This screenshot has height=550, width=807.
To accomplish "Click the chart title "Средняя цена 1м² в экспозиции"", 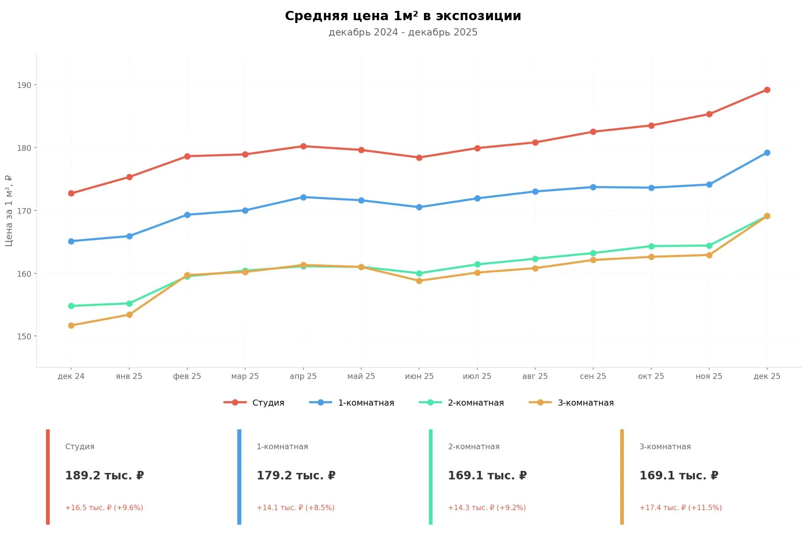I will [x=403, y=16].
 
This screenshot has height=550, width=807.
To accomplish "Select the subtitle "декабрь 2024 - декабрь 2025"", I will [x=403, y=32].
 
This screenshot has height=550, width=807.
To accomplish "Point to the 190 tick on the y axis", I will [x=24, y=85].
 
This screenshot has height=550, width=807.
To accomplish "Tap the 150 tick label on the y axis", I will [x=24, y=336].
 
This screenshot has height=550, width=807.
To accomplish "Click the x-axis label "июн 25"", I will [x=419, y=376].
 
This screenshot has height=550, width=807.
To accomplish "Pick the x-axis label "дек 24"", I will [x=71, y=376].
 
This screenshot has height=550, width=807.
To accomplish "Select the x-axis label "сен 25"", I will [x=593, y=376].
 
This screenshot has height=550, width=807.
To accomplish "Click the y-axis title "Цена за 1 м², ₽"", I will [x=9, y=211].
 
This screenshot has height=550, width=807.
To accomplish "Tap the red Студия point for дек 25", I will [x=767, y=90].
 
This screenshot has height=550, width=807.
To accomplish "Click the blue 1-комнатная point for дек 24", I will [x=71, y=242].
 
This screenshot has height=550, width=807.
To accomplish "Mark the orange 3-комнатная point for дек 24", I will [x=71, y=325].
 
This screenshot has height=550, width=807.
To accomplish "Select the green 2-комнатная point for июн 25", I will [x=419, y=273].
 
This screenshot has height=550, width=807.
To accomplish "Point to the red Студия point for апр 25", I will [x=303, y=146].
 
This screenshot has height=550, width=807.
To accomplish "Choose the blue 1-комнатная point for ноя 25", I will [x=709, y=185].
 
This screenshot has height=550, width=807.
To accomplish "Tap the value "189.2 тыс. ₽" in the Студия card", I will [x=105, y=476].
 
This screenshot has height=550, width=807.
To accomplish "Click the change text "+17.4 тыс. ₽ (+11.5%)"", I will [x=680, y=508].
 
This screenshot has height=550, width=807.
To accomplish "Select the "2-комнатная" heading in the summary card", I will [x=474, y=447].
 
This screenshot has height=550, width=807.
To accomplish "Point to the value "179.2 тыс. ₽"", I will [x=296, y=476].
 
